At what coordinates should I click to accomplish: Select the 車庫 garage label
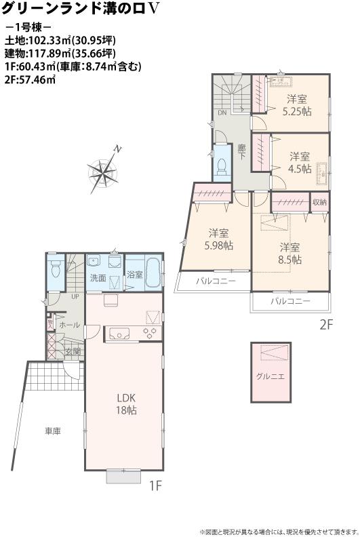pos(54,431)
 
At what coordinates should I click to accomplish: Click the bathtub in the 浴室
pos(153,273)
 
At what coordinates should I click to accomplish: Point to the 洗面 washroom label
pos(98,278)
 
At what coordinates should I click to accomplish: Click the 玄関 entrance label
pos(73,351)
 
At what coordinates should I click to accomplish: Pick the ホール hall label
pos(69,325)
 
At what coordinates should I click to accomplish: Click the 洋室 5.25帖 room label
pos(297,105)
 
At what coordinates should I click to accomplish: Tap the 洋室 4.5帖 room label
pos(298,162)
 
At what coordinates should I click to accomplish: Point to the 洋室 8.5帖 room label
pos(289,252)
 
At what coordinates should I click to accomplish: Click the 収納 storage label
pos(320,202)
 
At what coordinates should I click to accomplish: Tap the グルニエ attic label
pos(270,375)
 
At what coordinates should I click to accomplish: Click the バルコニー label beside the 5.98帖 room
pos(216,281)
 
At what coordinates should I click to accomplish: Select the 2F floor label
pos(327,325)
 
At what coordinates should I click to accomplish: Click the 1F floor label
pos(155,485)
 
